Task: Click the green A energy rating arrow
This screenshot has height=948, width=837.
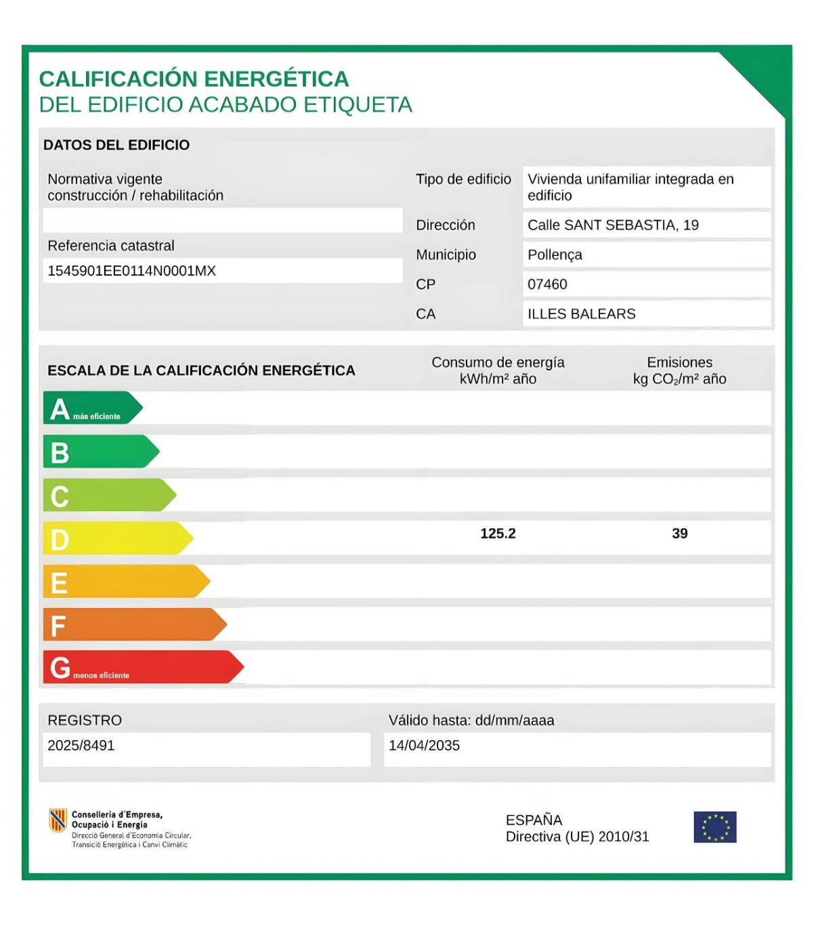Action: [91, 408]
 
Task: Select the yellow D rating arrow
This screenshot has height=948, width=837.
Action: [116, 538]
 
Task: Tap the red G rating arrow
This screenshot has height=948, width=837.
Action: [142, 668]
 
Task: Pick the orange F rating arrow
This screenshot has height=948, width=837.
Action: [133, 624]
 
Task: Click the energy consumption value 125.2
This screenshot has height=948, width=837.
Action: [498, 534]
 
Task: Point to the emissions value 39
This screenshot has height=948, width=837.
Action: [679, 534]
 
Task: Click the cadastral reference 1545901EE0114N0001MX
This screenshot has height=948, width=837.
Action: [131, 271]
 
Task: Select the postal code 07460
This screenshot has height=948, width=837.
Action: [547, 284]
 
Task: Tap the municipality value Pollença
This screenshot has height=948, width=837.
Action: [555, 255]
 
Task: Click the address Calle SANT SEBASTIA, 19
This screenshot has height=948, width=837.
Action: [613, 225]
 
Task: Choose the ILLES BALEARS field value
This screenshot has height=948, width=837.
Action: [581, 314]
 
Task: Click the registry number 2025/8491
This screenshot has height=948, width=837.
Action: [81, 746]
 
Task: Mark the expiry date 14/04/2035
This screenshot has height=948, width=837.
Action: [424, 746]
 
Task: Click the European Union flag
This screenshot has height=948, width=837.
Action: [714, 827]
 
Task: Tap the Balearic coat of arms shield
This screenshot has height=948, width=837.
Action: [58, 820]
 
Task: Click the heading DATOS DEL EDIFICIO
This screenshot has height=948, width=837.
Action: [116, 145]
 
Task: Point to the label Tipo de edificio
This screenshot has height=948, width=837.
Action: [463, 179]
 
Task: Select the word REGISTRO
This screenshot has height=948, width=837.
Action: [85, 720]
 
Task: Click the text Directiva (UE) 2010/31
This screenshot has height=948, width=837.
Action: [577, 837]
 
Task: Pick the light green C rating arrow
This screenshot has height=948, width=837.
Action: [108, 495]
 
